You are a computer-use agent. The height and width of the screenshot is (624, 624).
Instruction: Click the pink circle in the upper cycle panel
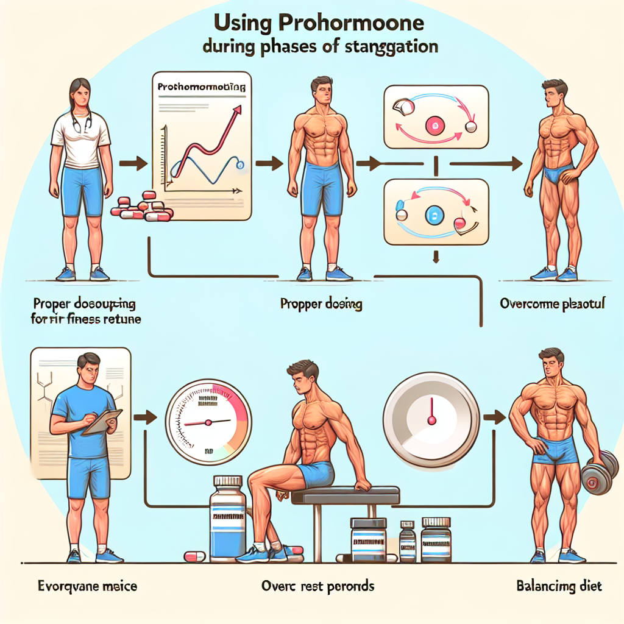435,126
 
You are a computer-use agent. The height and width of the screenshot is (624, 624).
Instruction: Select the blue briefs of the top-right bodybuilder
557,176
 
